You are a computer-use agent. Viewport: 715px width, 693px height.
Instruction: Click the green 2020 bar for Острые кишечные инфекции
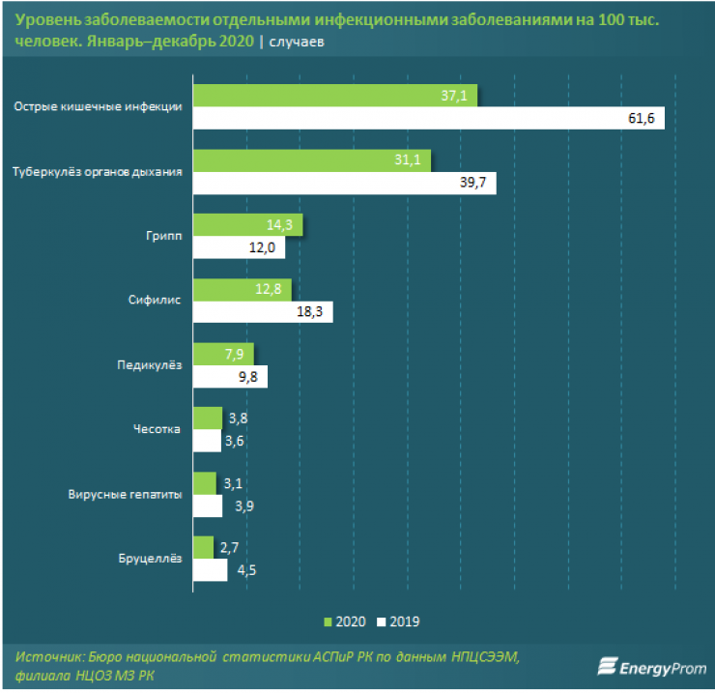pyautogui.click(x=333, y=96)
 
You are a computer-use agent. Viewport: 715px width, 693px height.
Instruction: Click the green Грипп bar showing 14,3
pyautogui.click(x=247, y=224)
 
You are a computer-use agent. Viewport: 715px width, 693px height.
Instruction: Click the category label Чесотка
pyautogui.click(x=158, y=428)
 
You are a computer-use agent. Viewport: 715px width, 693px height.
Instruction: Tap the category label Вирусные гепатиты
pyautogui.click(x=126, y=493)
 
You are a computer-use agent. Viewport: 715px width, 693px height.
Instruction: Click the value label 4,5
pyautogui.click(x=246, y=570)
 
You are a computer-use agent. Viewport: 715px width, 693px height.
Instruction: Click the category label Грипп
pyautogui.click(x=164, y=235)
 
